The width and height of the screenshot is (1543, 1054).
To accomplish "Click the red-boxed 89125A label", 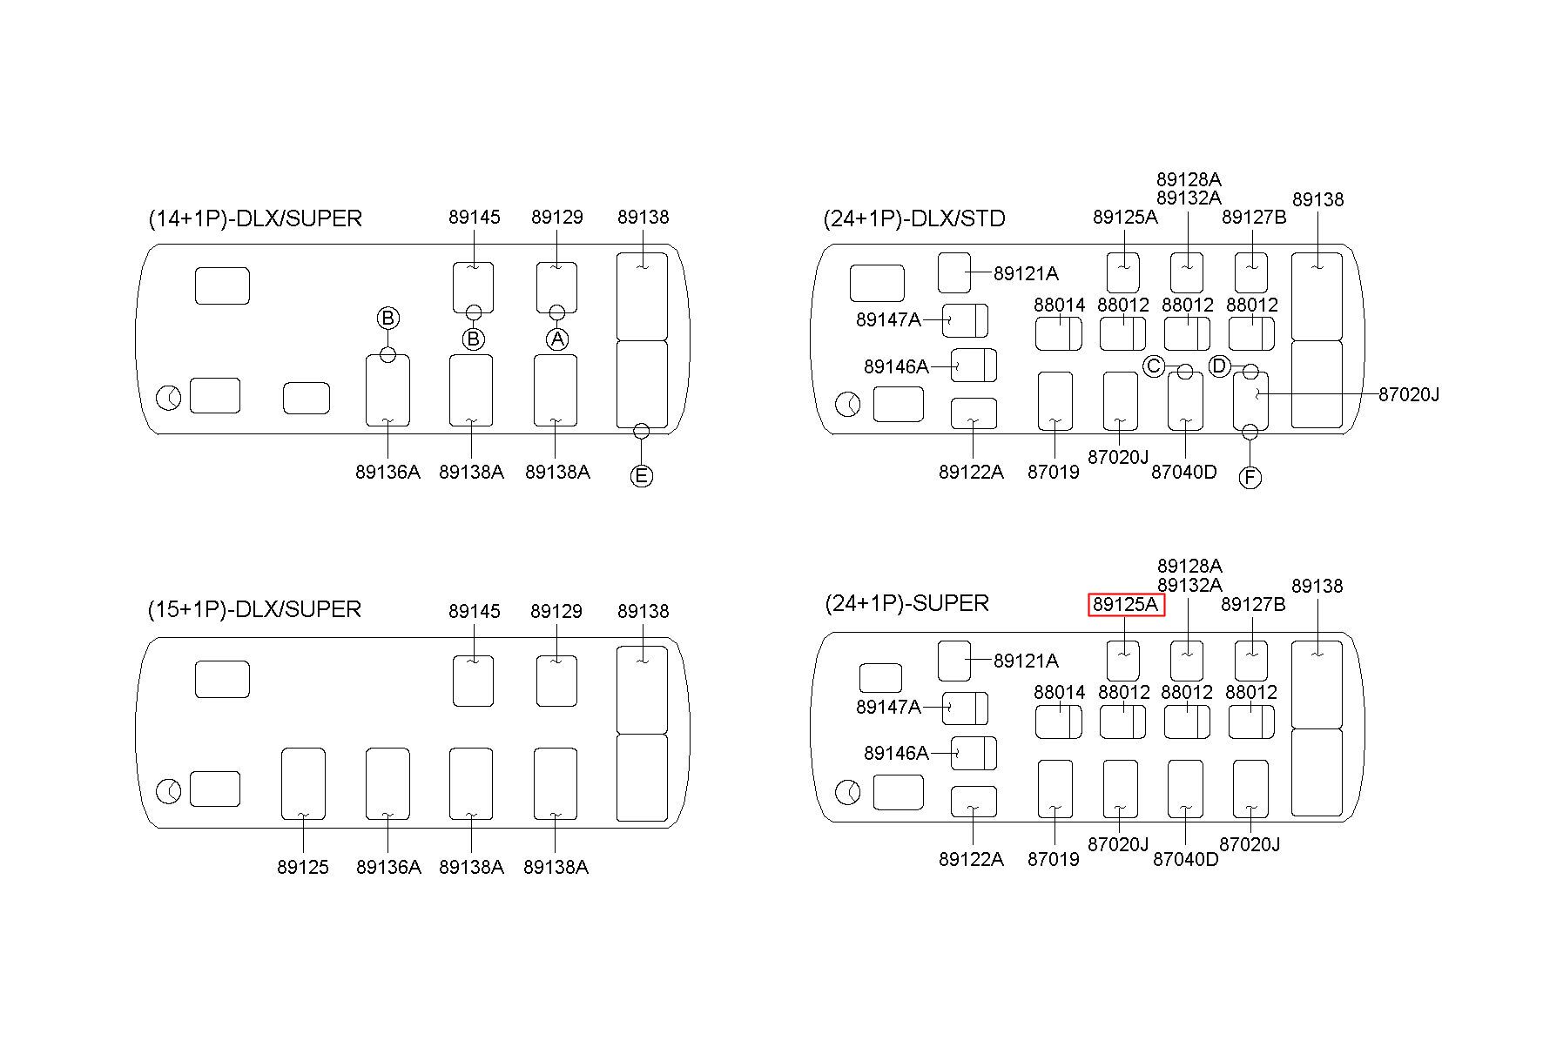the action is (x=1126, y=604).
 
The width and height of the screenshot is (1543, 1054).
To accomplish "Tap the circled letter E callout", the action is (x=641, y=475).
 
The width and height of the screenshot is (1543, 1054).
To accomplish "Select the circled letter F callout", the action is (x=1250, y=477).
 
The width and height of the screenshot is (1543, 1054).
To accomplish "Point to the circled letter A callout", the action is (x=557, y=339).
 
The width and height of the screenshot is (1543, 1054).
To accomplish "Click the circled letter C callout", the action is (x=1154, y=366).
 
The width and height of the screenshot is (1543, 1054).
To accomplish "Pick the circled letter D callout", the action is (x=1220, y=366).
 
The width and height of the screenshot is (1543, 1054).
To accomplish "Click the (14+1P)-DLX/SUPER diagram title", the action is (x=255, y=218).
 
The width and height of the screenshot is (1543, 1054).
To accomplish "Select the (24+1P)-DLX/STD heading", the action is (x=914, y=218).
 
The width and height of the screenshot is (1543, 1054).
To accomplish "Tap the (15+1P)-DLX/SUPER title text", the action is (x=254, y=609).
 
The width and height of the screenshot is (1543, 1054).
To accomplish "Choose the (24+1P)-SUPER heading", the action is (x=906, y=603).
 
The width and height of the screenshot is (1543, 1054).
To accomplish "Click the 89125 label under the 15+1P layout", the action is (x=303, y=867).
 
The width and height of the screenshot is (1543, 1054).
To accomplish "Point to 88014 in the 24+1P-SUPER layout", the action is (x=1060, y=692).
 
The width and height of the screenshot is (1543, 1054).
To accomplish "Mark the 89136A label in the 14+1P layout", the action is (x=387, y=472).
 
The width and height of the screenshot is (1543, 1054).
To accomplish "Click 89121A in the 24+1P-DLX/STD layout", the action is (x=1026, y=273).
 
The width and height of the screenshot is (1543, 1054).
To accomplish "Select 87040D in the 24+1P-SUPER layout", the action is (x=1185, y=859).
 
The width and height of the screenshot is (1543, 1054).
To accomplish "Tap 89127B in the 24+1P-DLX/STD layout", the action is (x=1254, y=217).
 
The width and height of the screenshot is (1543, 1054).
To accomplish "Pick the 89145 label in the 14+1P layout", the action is (x=475, y=217).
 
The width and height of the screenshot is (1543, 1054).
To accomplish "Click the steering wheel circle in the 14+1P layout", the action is (x=169, y=399).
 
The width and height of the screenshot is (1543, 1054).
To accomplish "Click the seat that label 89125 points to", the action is (x=303, y=783).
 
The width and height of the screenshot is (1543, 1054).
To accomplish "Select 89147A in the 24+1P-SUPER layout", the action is (x=888, y=707).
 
